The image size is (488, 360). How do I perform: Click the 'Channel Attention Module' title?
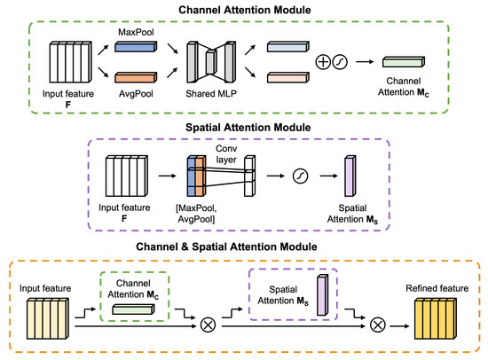244,11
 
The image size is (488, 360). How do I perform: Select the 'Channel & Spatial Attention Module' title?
244,246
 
